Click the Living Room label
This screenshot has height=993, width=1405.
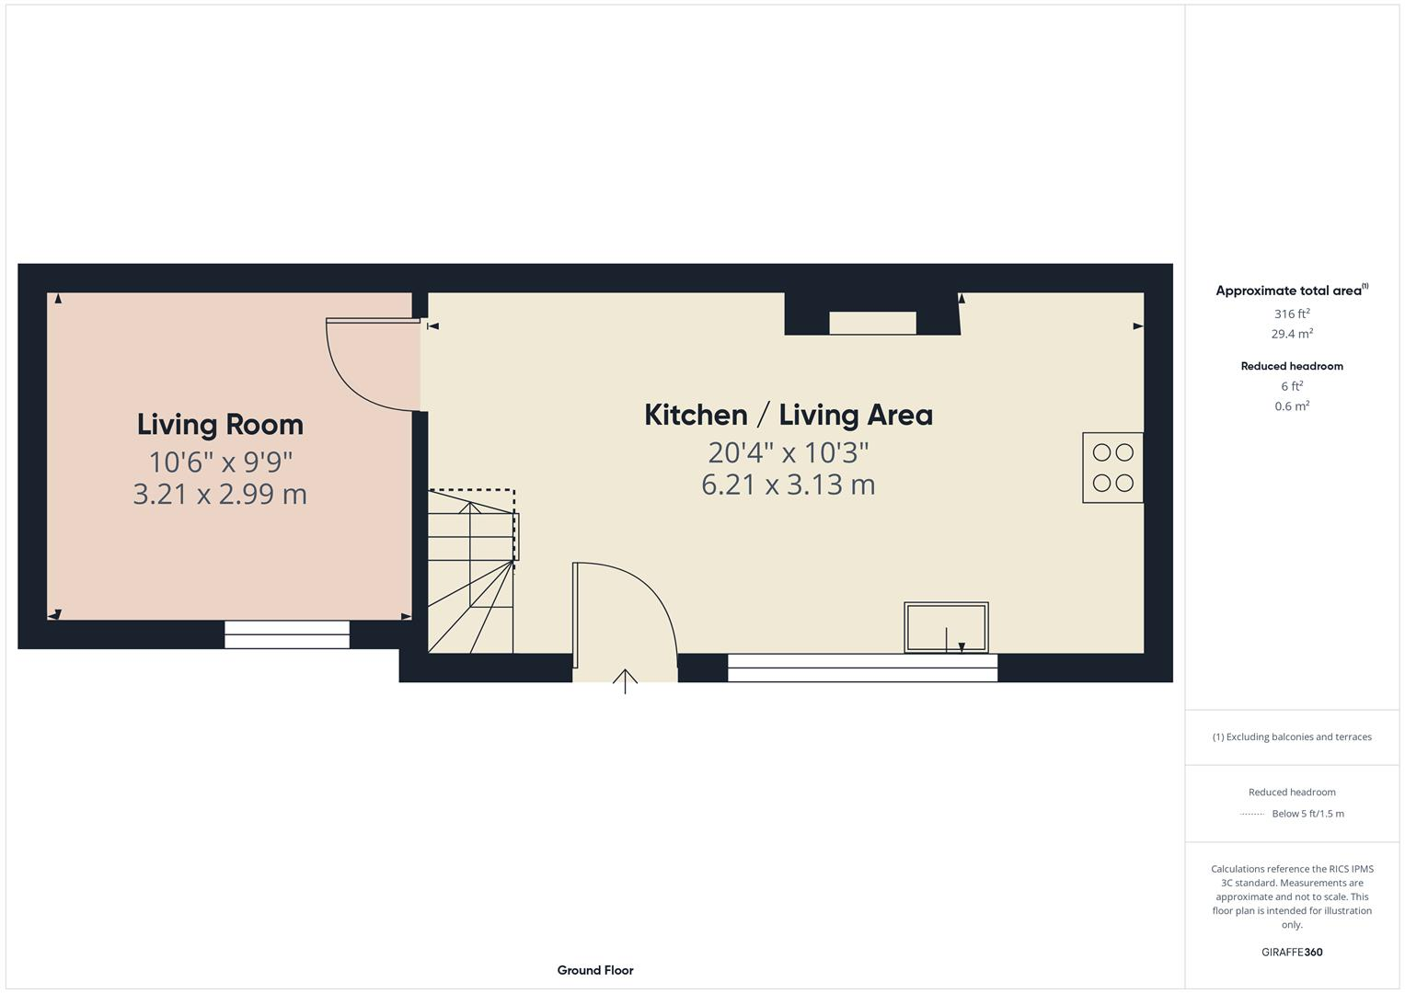(x=220, y=425)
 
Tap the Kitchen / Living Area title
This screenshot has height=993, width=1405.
(x=788, y=415)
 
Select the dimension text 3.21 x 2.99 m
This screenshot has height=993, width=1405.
(x=220, y=495)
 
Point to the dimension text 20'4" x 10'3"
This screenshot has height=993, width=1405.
(x=788, y=452)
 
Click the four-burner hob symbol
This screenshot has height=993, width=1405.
(x=1112, y=467)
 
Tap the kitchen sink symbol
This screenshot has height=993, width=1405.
(x=946, y=627)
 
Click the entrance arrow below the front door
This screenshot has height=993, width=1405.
(x=625, y=681)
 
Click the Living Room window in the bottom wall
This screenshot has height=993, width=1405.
(x=287, y=634)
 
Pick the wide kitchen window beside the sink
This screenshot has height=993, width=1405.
(x=862, y=668)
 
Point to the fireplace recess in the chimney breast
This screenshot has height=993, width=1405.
(x=872, y=323)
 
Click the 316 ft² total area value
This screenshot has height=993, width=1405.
(x=1291, y=314)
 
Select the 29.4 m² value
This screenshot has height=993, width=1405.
(x=1291, y=334)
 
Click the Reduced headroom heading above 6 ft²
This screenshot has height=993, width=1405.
(x=1291, y=366)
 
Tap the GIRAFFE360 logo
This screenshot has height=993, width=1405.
(x=1291, y=952)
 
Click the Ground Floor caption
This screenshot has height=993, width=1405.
(x=594, y=970)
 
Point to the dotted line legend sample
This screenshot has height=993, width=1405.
(x=1251, y=814)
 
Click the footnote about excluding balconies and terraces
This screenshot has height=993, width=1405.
(x=1291, y=736)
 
